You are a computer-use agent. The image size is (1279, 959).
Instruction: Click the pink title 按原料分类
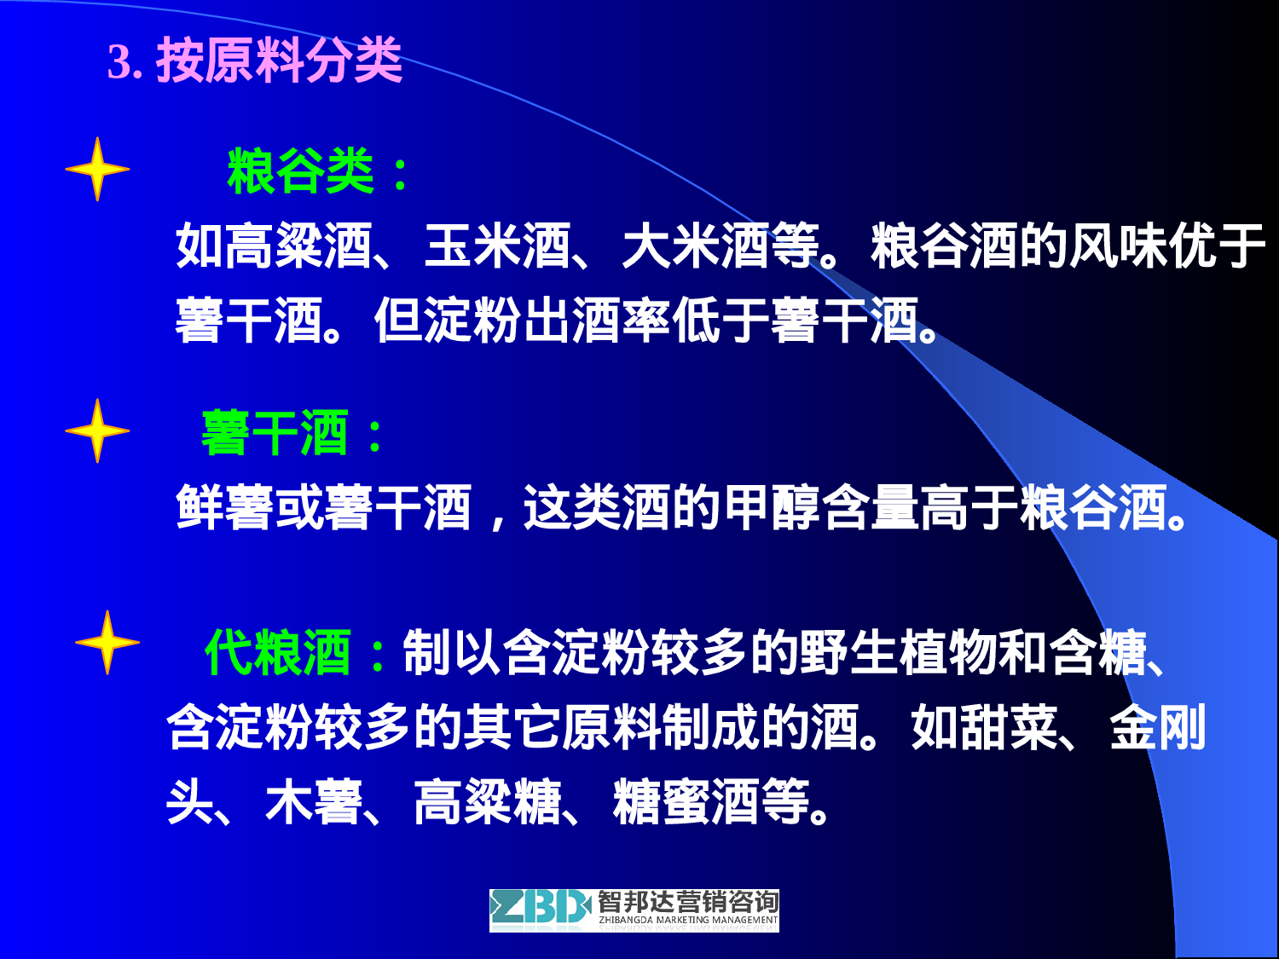[x=278, y=61]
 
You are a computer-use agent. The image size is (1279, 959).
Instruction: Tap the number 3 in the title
[x=119, y=62]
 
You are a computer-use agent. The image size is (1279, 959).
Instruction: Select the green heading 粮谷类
[x=300, y=171]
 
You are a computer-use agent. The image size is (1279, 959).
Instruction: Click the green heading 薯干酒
[x=275, y=433]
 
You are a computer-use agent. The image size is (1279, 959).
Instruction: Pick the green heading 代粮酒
[x=278, y=653]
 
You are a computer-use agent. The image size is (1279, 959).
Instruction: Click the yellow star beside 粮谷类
[x=97, y=169]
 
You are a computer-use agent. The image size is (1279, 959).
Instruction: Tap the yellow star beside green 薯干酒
[x=97, y=430]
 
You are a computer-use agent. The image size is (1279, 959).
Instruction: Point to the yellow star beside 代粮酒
[x=107, y=643]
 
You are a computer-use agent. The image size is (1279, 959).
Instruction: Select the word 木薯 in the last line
[x=314, y=802]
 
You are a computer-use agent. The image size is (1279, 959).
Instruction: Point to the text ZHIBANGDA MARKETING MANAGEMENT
[x=688, y=921]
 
